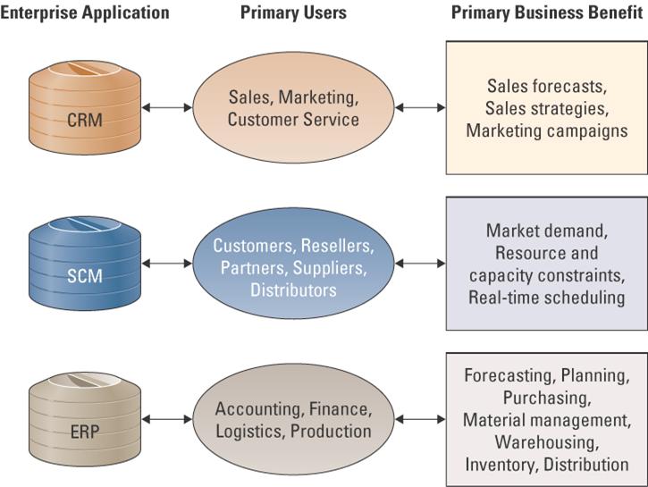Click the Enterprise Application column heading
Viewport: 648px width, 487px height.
(84, 13)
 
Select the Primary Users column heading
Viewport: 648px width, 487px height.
(293, 13)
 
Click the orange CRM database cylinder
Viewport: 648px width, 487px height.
(78, 107)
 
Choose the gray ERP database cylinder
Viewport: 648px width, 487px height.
(78, 419)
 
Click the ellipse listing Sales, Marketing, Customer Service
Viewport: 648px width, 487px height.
(293, 107)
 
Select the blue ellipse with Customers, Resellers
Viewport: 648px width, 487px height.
(293, 265)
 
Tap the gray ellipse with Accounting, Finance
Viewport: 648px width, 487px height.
(293, 419)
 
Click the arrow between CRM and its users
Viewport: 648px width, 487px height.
(167, 107)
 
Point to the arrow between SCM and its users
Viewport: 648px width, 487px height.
(167, 264)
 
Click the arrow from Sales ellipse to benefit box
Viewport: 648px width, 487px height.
(419, 107)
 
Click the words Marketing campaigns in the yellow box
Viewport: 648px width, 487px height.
(546, 130)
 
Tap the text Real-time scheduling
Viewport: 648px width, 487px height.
(546, 298)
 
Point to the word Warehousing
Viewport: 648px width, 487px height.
(546, 441)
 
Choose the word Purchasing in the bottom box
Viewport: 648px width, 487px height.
(546, 397)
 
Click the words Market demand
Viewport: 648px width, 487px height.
(546, 231)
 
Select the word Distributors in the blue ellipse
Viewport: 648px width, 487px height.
(293, 290)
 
